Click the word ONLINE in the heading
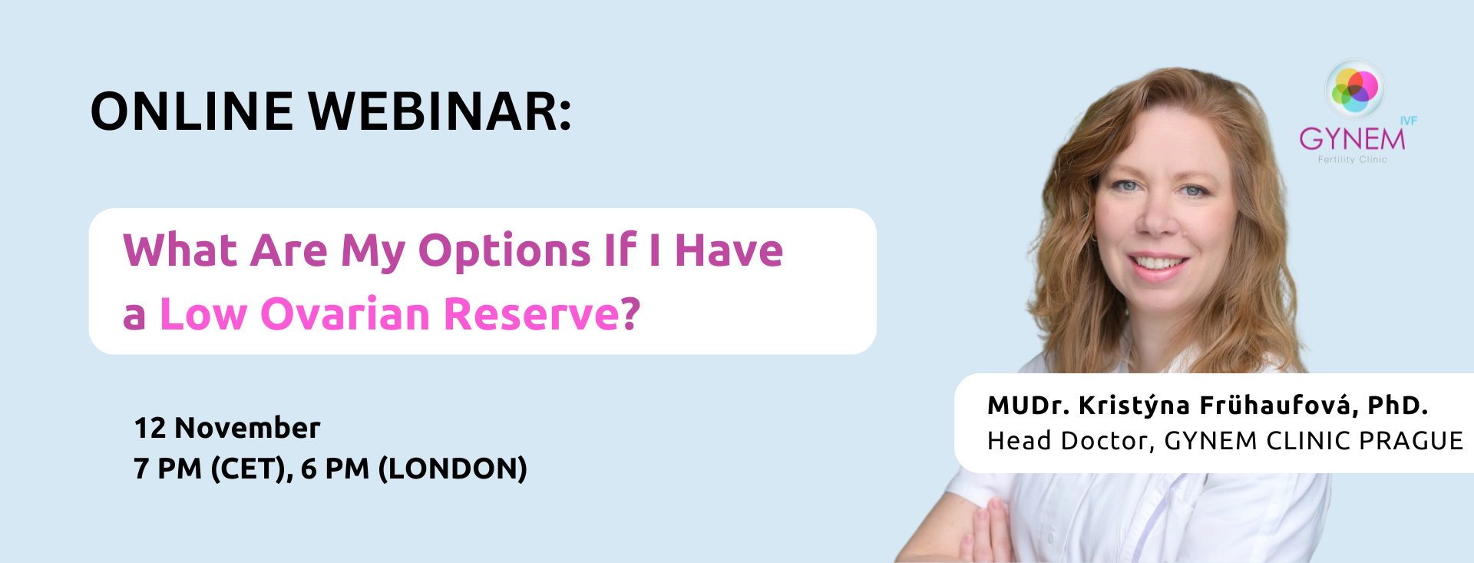pos(192,111)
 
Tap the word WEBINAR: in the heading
pos(441,111)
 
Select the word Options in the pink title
pos(504,252)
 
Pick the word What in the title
pos(180,250)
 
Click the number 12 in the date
pos(150,428)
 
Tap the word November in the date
pos(247,428)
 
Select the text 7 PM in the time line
pos(167,469)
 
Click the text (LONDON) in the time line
pos(453,469)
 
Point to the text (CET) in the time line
pos(250,469)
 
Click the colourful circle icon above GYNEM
pos(1355,89)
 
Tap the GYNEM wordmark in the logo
pos(1352,139)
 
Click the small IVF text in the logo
pos(1409,121)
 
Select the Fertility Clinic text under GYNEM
pos(1353,160)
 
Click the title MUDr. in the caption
pos(1029,406)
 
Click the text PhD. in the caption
pos(1398,406)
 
